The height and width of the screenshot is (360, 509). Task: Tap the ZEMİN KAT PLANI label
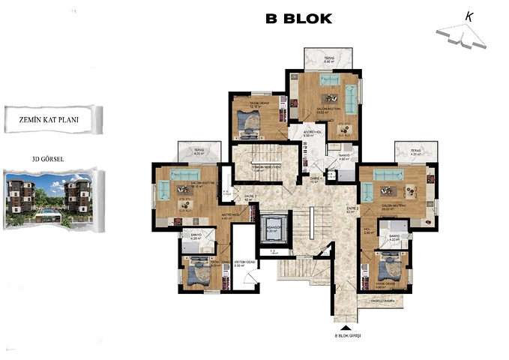50,118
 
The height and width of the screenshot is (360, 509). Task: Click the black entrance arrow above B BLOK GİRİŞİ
346,328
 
